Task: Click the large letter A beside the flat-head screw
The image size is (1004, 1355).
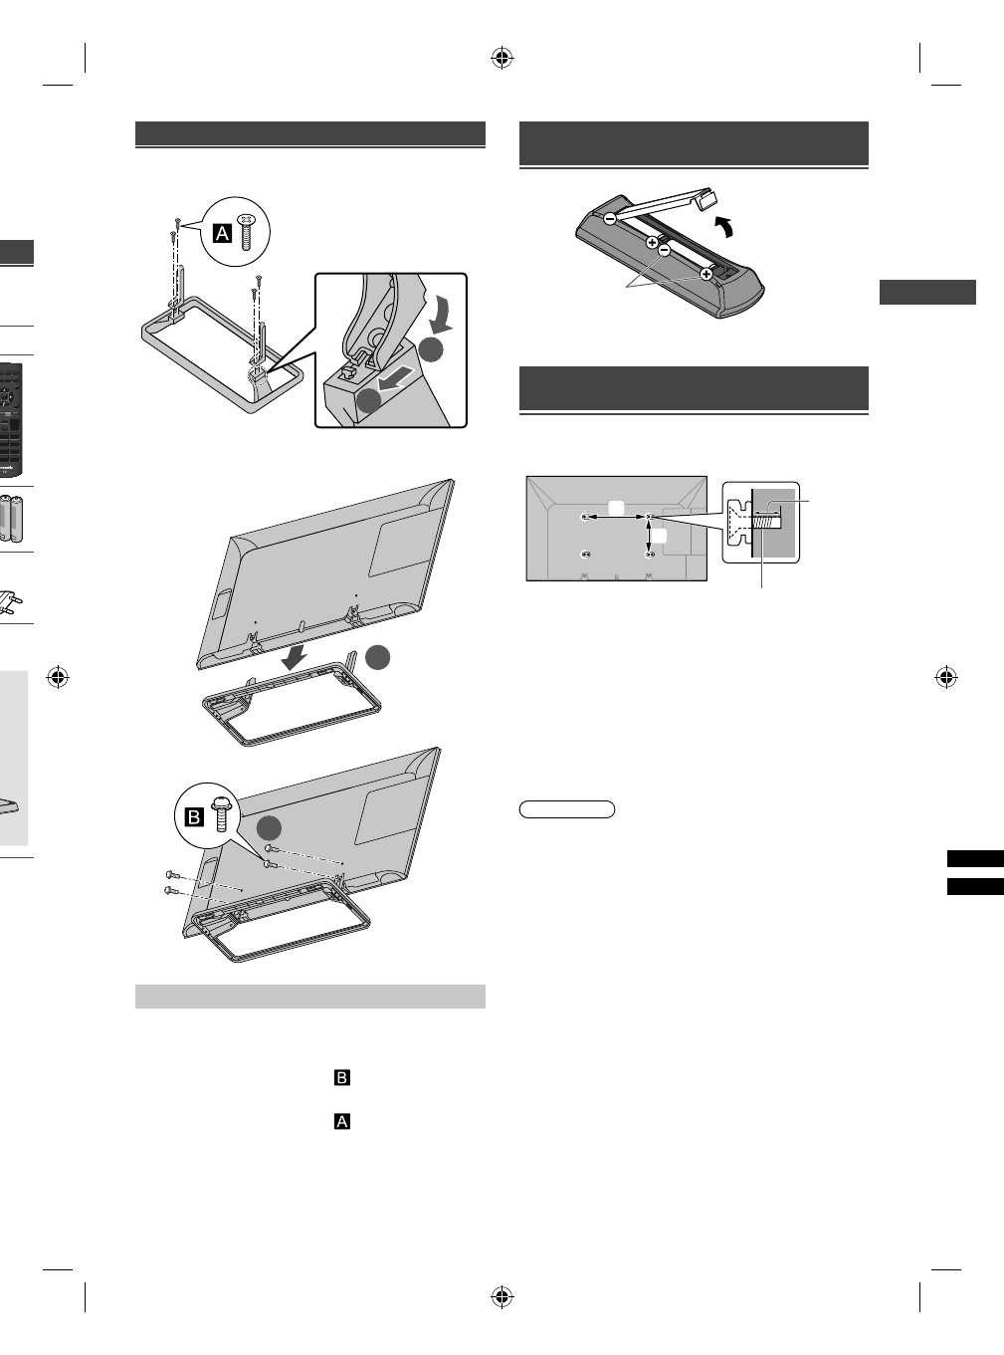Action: (224, 233)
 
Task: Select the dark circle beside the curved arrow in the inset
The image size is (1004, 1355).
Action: (430, 349)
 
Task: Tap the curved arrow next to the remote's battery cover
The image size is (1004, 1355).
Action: (729, 229)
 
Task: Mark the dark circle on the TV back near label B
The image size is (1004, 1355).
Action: (267, 829)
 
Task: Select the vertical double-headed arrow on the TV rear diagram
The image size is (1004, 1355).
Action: (649, 535)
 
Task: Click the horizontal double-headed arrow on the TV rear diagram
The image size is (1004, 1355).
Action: (617, 517)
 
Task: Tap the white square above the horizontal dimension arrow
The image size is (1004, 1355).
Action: (617, 507)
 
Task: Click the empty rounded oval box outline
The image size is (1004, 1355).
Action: (567, 809)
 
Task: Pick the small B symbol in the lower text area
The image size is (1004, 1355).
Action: (341, 1078)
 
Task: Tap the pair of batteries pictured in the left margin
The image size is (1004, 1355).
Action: (15, 518)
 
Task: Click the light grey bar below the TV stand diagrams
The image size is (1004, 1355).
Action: (309, 997)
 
